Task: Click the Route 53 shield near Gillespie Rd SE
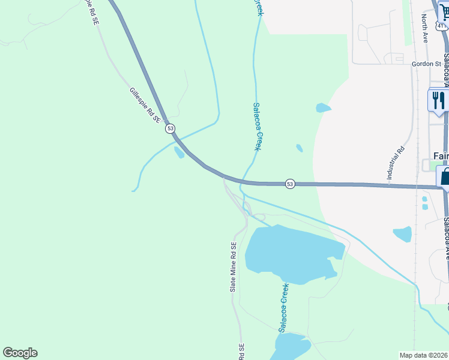[171, 128]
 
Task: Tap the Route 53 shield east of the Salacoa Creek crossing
[291, 183]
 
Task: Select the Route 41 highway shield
[442, 26]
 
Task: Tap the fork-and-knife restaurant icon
[438, 100]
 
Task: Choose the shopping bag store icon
[444, 177]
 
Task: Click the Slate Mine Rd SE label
[234, 267]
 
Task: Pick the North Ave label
[424, 29]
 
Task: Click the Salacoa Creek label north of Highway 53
[257, 126]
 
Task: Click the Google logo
[20, 353]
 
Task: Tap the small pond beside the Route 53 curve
[179, 152]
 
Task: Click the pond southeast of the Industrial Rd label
[402, 233]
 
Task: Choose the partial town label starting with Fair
[441, 156]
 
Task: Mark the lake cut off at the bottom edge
[291, 346]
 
